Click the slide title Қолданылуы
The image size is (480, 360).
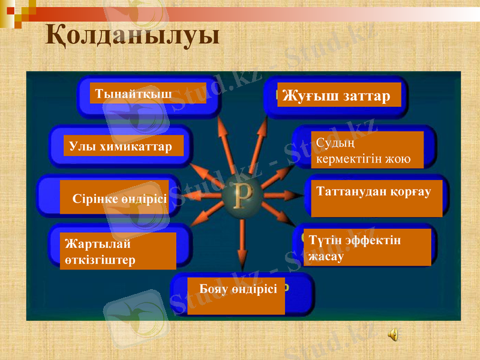tap(133, 35)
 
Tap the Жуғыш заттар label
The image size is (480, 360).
tap(339, 95)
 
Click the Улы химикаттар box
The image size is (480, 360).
tap(124, 146)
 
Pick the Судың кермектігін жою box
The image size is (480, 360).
tap(367, 150)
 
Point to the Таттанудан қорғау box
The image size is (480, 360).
tap(376, 198)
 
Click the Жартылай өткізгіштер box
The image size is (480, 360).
tap(118, 251)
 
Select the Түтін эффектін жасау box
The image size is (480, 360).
tap(367, 247)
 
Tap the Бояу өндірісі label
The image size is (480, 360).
tap(236, 295)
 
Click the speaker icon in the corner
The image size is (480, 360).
tap(394, 335)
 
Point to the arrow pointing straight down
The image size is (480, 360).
tap(242, 246)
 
